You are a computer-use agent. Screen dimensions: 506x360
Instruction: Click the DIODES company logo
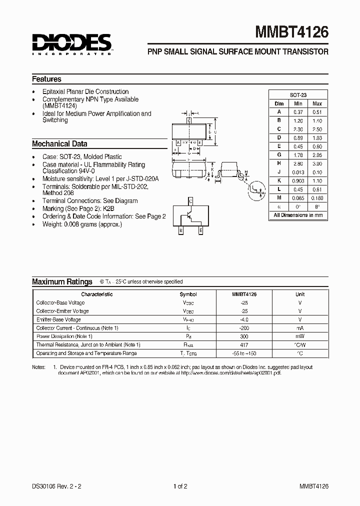[72, 44]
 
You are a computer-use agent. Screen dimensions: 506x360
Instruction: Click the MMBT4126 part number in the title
[292, 32]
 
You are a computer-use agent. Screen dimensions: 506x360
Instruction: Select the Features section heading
[46, 79]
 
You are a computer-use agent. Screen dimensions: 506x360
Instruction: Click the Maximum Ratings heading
[62, 282]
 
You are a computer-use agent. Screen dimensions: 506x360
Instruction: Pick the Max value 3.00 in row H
[317, 163]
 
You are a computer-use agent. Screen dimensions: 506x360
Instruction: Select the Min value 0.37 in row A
[298, 112]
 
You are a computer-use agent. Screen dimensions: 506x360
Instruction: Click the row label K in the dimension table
[279, 180]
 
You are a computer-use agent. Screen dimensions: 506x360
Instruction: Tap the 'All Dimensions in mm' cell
[298, 215]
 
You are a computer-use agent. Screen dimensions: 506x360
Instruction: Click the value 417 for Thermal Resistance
[244, 345]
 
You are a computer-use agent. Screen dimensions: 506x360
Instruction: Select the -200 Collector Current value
[244, 328]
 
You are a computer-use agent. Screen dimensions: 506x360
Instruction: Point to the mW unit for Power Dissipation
[300, 336]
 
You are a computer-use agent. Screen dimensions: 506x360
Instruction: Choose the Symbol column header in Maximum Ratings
[188, 294]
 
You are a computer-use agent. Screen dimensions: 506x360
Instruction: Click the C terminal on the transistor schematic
[190, 201]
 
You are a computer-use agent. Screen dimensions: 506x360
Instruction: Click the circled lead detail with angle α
[258, 188]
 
